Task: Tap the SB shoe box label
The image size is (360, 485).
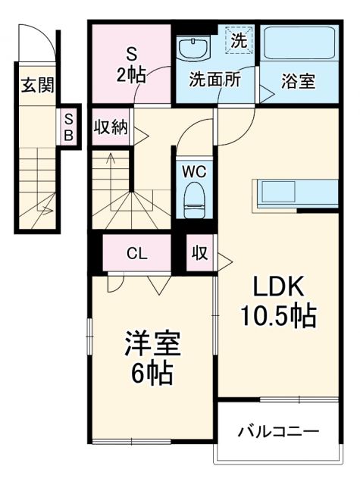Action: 68,126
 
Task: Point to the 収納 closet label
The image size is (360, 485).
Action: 110,127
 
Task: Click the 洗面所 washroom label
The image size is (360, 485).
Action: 215,80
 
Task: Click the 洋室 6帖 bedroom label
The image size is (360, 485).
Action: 152,358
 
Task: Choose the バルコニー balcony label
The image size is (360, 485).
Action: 278,432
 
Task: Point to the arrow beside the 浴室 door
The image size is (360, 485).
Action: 266,93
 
